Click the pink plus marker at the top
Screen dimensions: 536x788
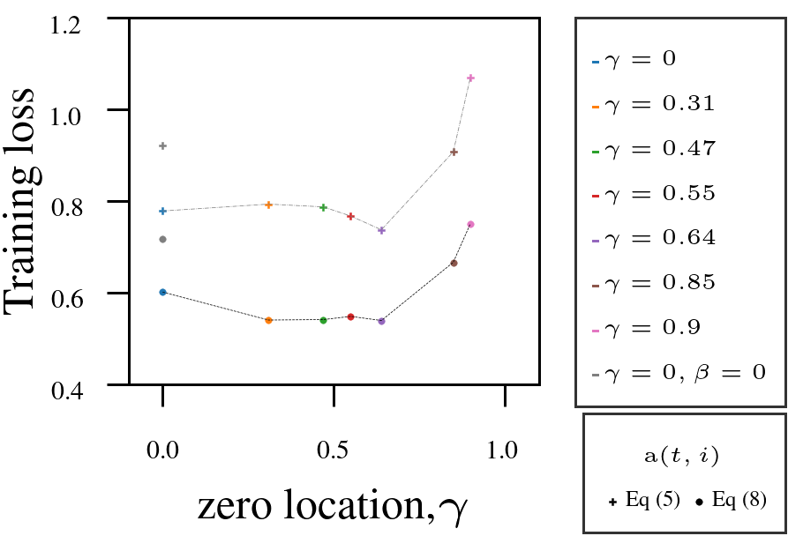tap(470, 78)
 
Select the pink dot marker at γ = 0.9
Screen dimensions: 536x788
tap(470, 224)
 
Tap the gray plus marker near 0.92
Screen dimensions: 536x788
tap(163, 145)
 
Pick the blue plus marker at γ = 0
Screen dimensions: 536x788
tap(163, 211)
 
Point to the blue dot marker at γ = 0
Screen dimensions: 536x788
tap(163, 292)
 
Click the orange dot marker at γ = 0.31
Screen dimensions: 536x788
tap(269, 320)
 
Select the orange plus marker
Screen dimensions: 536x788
tap(269, 205)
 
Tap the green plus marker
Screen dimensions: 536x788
tap(324, 207)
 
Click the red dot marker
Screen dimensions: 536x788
tap(350, 316)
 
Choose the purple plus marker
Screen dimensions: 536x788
tap(381, 230)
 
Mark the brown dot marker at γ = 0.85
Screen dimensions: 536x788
tap(454, 263)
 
